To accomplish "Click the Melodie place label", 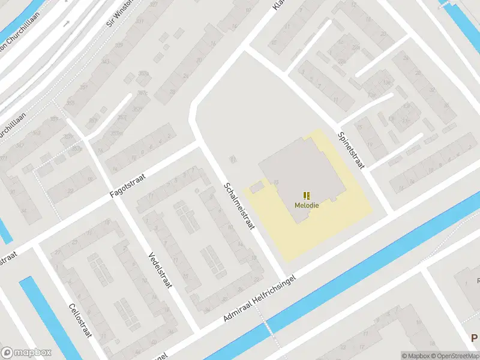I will pyautogui.click(x=307, y=205).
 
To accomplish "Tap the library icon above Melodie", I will pyautogui.click(x=307, y=195).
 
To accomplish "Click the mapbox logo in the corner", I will pyautogui.click(x=26, y=353).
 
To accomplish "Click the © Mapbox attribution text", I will pyautogui.click(x=416, y=356).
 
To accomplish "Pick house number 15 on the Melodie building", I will pyautogui.click(x=275, y=182).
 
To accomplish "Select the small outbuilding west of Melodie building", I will pyautogui.click(x=256, y=188).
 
